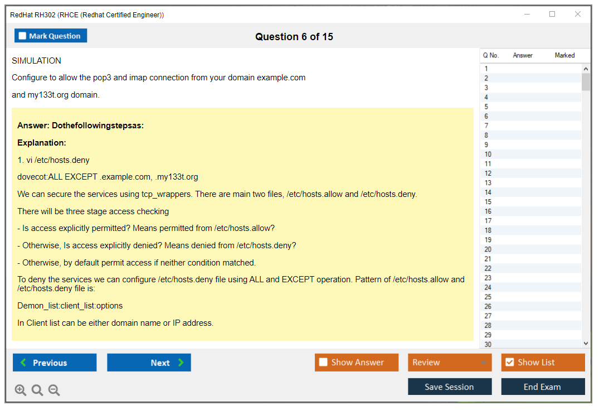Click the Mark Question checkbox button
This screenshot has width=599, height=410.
pos(50,36)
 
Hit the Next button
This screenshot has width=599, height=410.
pos(149,362)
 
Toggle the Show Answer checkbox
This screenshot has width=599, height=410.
pos(357,362)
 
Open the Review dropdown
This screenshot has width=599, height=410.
pos(450,362)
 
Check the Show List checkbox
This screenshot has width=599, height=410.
pos(543,362)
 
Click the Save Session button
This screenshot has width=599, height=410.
pos(450,387)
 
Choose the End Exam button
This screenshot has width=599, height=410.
pos(543,387)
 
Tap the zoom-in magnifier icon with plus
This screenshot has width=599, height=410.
pos(20,390)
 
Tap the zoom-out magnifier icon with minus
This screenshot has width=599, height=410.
pos(54,390)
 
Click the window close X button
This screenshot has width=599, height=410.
pos(578,14)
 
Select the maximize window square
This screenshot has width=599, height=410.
pos(552,14)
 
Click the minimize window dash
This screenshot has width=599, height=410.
pos(527,14)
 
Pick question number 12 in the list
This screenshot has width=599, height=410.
pos(488,173)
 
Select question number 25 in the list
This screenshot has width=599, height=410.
pos(488,297)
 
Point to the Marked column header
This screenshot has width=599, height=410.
pos(564,55)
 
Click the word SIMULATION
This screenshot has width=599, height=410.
pos(36,61)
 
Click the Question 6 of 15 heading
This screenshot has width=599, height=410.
pos(294,37)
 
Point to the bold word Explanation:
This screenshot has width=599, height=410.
pos(42,143)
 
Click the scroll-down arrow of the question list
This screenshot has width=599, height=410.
pos(586,344)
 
